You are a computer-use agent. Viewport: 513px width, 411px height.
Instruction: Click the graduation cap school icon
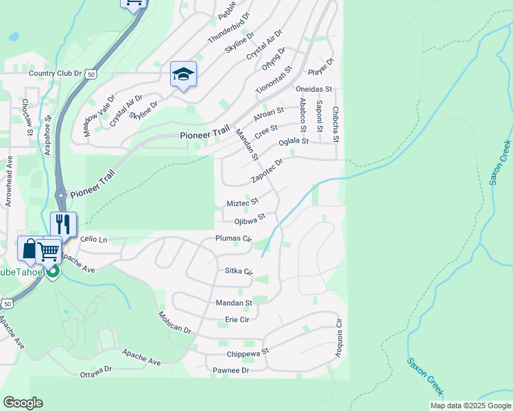pos(183,74)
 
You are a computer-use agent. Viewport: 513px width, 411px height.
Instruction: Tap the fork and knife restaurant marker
pos(63,224)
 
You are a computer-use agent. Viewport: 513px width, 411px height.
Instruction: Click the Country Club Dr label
pos(55,73)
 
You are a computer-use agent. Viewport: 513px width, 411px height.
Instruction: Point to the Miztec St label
pos(242,203)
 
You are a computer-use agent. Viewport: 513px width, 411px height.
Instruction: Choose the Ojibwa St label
pos(250,221)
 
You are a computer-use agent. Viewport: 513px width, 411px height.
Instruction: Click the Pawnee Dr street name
pos(230,370)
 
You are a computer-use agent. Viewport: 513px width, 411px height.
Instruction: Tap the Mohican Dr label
pos(174,320)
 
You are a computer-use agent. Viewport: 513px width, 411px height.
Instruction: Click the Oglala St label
pos(294,142)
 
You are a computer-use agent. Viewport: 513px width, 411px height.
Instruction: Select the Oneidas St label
pos(314,89)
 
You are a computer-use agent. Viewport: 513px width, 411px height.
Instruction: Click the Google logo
pos(23,403)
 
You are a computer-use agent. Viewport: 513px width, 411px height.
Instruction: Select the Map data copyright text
pos(470,406)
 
